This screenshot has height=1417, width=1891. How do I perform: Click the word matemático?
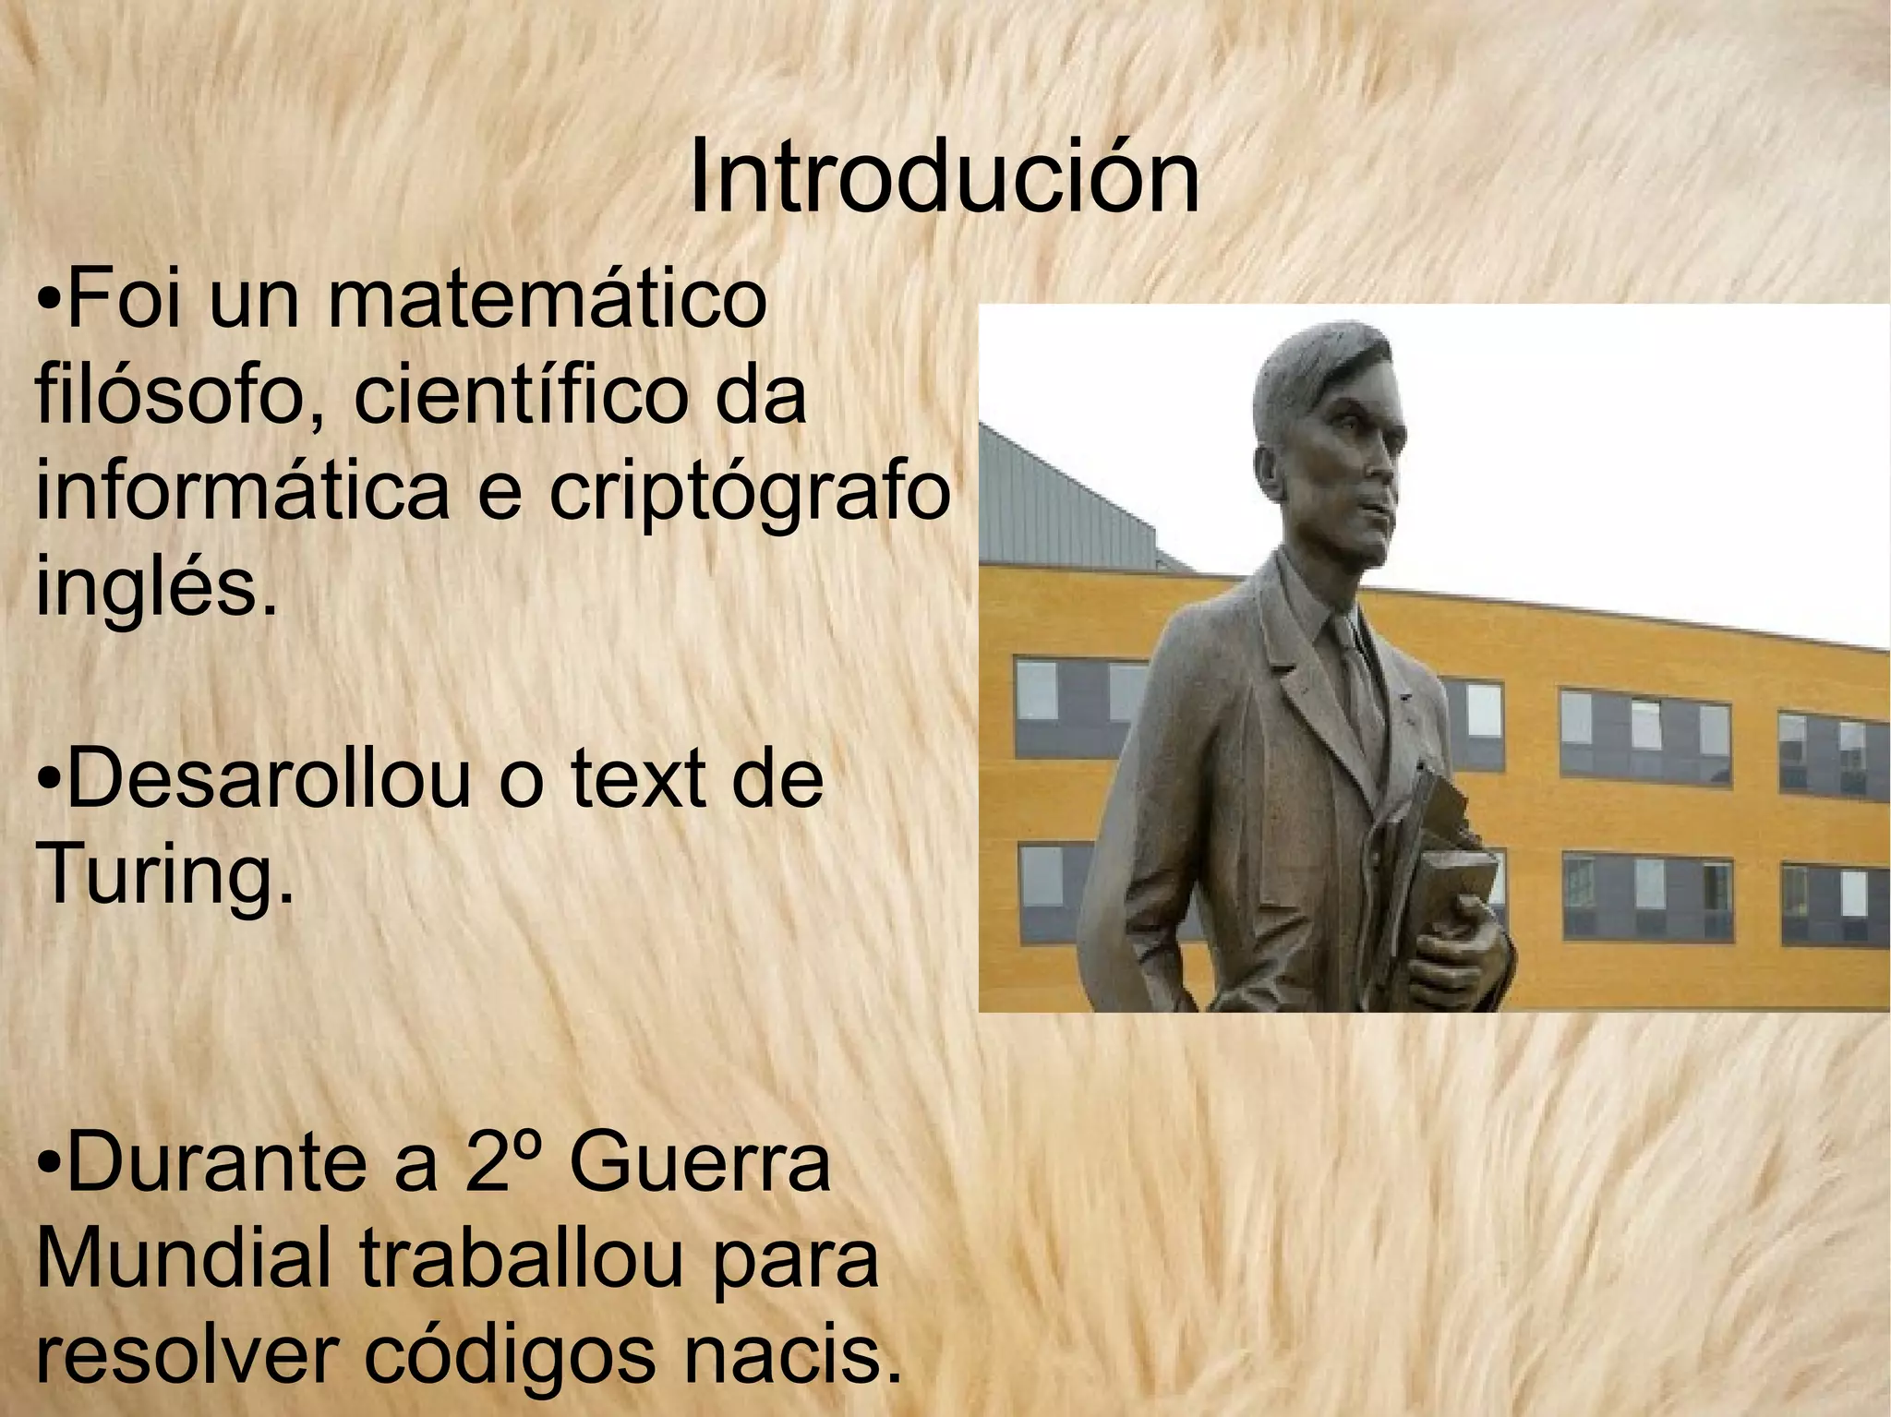[x=547, y=301]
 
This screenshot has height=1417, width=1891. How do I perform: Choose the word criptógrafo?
[x=750, y=495]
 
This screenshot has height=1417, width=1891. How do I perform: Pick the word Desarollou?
[x=268, y=780]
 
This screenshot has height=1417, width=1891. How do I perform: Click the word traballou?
[x=519, y=1259]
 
